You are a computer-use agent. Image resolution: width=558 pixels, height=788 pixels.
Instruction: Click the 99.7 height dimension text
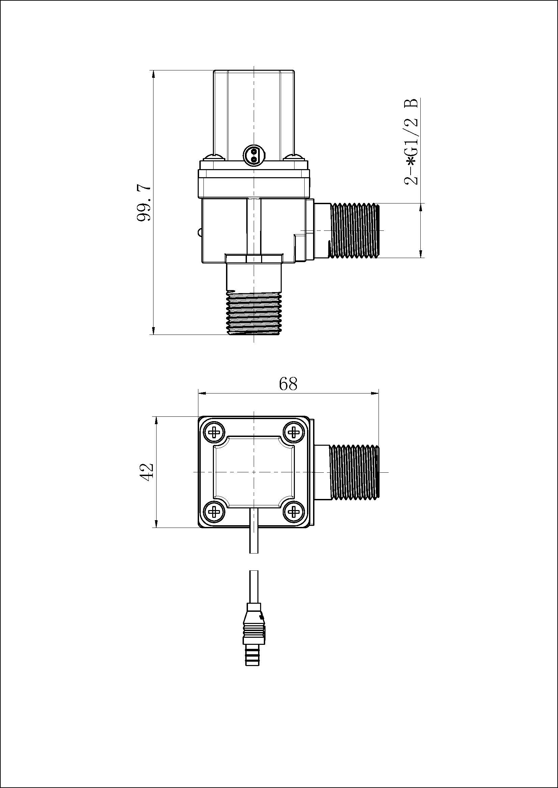[x=144, y=203]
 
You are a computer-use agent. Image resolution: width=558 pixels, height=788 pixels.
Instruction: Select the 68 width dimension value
[x=288, y=384]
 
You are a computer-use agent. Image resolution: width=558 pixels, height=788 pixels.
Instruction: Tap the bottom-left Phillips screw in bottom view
[x=215, y=512]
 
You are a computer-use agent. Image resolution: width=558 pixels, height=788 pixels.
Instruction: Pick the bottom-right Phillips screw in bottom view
[x=294, y=512]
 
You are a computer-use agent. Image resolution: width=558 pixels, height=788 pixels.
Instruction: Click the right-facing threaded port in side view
[x=354, y=230]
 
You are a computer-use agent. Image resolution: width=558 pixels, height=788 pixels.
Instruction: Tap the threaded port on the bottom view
[x=354, y=472]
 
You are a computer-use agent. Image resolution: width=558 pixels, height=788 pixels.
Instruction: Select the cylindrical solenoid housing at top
[x=254, y=110]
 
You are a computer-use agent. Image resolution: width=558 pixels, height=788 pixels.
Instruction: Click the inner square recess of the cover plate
[x=254, y=472]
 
